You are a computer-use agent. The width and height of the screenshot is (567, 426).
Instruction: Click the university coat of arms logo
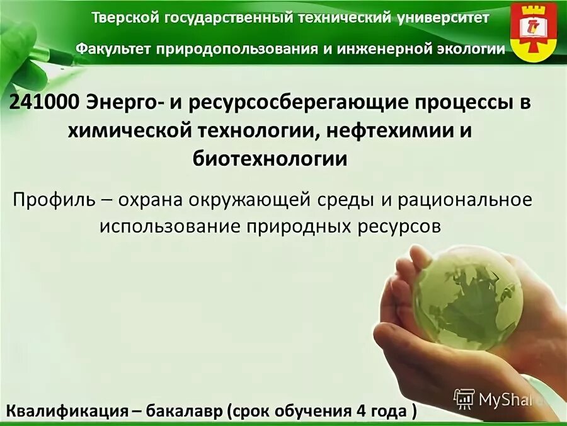[x=533, y=31]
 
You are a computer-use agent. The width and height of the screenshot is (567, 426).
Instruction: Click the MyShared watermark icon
[x=464, y=398]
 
